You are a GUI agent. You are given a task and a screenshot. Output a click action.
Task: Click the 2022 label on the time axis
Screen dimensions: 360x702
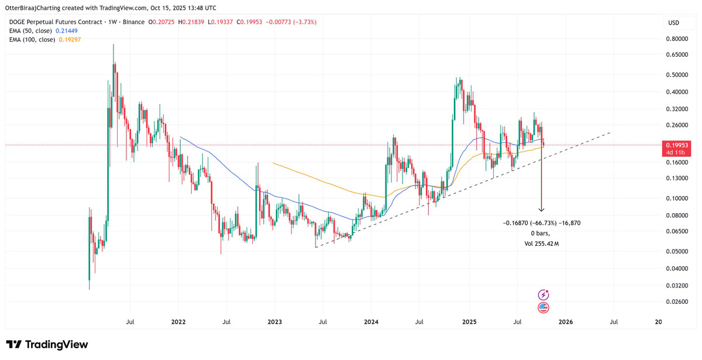tap(178, 321)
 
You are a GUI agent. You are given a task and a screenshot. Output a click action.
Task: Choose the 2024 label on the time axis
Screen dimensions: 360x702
tap(371, 321)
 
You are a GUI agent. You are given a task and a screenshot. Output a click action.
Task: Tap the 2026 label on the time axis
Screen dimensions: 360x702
tap(566, 321)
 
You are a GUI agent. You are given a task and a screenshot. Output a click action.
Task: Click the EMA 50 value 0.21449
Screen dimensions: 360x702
tap(67, 30)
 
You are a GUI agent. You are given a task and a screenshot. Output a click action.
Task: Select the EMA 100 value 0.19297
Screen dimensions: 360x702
tap(70, 40)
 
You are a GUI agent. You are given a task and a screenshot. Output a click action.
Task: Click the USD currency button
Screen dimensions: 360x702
tap(674, 23)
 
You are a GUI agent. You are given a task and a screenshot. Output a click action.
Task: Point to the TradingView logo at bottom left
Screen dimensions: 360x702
tap(47, 345)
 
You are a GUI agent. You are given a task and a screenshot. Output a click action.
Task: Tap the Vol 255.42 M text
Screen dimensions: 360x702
tap(542, 244)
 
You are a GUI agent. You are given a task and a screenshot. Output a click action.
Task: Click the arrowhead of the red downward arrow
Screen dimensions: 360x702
tap(542, 210)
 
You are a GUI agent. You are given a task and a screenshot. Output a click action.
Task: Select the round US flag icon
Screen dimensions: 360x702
tap(543, 308)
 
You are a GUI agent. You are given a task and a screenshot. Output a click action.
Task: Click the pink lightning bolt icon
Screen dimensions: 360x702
tap(543, 295)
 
